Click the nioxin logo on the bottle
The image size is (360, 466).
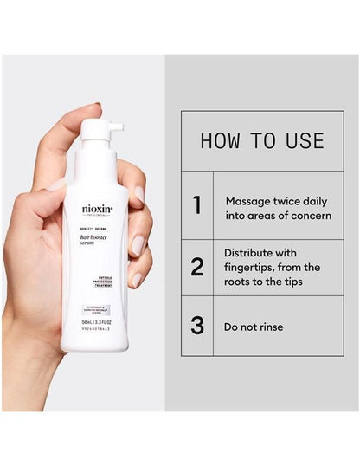coord(97,209)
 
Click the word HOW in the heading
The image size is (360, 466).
coord(221,141)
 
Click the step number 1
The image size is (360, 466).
coord(197,205)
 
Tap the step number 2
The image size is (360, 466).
coord(197,267)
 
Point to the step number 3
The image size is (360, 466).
coord(197,326)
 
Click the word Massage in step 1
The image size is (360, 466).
coord(249,198)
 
